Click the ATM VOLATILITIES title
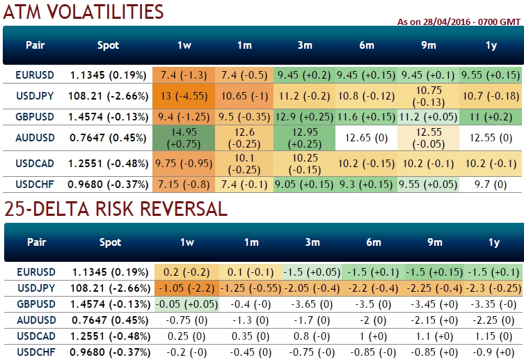point(83,12)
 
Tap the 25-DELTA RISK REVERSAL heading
point(114,208)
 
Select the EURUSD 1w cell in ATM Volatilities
point(184,75)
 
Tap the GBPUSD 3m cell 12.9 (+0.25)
point(305,116)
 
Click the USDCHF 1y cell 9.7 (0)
point(494,185)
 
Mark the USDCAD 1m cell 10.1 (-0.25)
point(244,164)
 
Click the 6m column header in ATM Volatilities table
point(366,45)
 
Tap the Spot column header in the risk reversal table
point(109,242)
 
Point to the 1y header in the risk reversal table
point(494,242)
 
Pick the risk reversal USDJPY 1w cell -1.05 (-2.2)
point(184,288)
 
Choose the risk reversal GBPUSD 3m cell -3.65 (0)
point(305,304)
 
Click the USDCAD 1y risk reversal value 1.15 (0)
point(494,335)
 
